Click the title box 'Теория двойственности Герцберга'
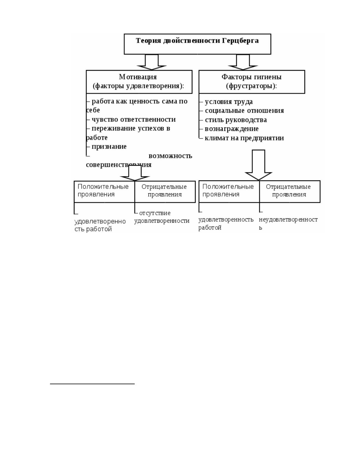click(197, 44)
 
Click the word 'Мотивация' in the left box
click(138, 77)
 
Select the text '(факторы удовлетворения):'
click(139, 86)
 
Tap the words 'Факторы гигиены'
click(251, 77)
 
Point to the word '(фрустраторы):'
click(251, 86)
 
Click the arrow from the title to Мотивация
click(152, 62)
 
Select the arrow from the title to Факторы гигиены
click(243, 62)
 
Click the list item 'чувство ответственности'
click(134, 119)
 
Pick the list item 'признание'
click(109, 147)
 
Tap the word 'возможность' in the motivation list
click(170, 156)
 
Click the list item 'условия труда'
click(229, 102)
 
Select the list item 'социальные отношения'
click(244, 111)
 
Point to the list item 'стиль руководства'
click(236, 120)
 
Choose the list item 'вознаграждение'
click(231, 129)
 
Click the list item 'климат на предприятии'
click(244, 138)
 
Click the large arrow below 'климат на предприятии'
click(258, 165)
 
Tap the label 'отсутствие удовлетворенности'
click(162, 217)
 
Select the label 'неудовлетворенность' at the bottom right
click(288, 223)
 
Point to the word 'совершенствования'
click(119, 165)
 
